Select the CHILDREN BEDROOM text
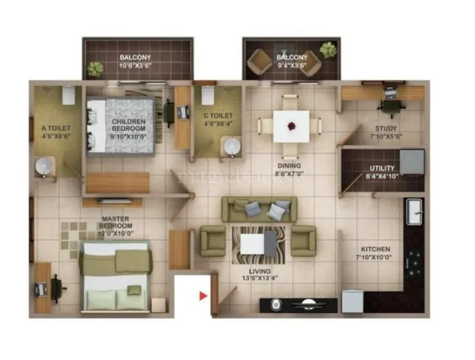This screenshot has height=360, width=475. point(129,124)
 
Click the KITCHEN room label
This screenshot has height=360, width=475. point(376,249)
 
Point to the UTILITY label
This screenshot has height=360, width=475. point(382,169)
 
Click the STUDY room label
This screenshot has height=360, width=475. point(386,128)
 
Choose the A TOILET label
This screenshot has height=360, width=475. point(56,128)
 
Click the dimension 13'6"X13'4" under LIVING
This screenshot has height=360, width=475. point(258,278)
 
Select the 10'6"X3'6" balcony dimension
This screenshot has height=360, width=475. point(137,66)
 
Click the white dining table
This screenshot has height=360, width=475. point(291,126)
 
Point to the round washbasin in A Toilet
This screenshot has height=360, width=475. point(44,168)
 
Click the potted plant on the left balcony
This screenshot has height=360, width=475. point(95,69)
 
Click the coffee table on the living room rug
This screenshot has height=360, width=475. point(259,244)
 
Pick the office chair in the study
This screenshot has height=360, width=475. point(389,106)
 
